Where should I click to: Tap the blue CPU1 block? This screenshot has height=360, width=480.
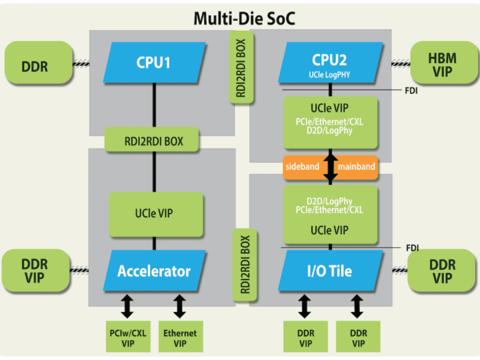point(154,62)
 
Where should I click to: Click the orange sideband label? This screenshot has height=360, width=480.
point(302,167)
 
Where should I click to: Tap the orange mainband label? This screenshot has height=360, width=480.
point(357,167)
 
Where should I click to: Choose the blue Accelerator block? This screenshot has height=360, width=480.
point(154,271)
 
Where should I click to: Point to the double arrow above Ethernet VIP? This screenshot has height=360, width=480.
point(179,306)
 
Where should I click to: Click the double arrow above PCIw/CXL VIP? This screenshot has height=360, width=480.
point(127,306)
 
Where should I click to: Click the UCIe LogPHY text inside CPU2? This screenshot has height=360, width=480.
point(331,75)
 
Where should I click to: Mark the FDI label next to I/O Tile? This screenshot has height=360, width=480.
point(412,247)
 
